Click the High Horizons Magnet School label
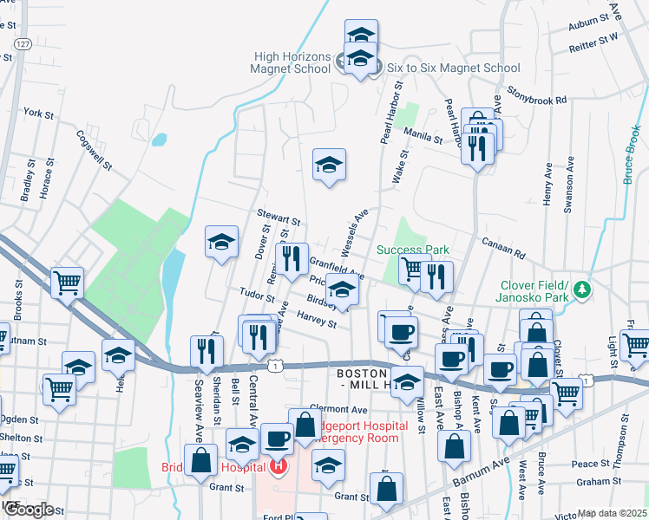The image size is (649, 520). pos(291,61)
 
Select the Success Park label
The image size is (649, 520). pos(413,250)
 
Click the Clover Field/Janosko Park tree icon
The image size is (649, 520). pos(585,288)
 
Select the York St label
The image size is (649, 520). pos(39,114)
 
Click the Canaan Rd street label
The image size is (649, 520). pos(504,249)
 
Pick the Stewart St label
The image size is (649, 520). pos(279,217)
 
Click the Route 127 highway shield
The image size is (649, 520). pos(23,43)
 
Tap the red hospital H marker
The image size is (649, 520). pos(279,468)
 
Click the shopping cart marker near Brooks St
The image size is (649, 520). pos(67,283)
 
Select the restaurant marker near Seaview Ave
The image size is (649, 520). pos(206,350)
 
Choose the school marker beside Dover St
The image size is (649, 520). pos(221,242)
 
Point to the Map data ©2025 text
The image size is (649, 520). pos(612,513)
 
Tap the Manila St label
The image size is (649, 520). pos(423,132)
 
